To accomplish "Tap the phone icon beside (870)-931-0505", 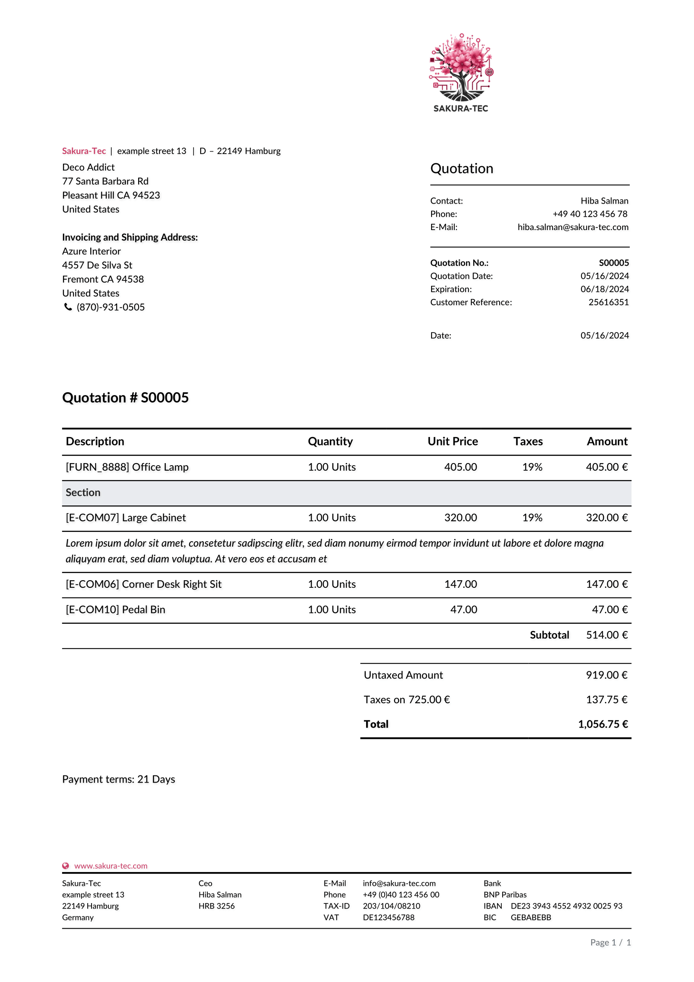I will [68, 306].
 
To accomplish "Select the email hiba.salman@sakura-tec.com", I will [573, 227].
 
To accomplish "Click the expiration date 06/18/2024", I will [604, 289].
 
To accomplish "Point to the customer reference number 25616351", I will [608, 302].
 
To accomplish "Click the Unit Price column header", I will [453, 441].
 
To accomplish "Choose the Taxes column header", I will [528, 441].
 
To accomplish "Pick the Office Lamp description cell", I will [127, 466].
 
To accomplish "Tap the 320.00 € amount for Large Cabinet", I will [606, 518].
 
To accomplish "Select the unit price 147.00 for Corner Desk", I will [460, 584].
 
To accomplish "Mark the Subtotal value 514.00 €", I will [606, 635].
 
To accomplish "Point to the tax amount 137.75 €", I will [606, 699].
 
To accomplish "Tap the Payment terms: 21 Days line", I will [118, 779].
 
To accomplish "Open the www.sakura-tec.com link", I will [111, 866].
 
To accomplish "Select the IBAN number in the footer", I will [566, 906].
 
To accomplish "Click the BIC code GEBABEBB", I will [531, 917].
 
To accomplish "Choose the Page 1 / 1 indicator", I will [610, 942].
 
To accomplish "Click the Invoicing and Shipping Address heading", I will [130, 237].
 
